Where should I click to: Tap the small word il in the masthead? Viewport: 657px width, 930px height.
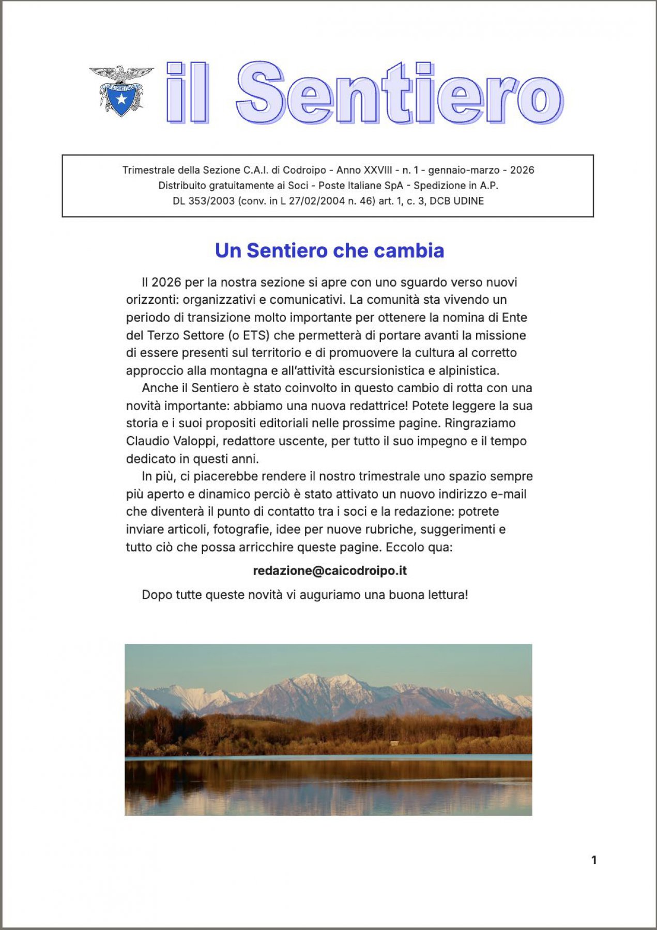[x=188, y=94]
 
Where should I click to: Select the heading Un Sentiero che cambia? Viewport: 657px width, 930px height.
[x=329, y=251]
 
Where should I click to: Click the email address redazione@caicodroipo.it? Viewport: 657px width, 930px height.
[x=329, y=571]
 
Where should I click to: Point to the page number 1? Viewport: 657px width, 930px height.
[x=594, y=860]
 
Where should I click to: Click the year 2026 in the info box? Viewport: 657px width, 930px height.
[x=522, y=170]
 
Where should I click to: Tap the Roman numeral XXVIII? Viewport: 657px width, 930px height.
[x=378, y=170]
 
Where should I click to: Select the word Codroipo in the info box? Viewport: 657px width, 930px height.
[x=305, y=170]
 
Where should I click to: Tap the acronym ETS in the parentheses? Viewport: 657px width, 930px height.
[x=256, y=335]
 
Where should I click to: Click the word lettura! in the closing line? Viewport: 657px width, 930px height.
[x=448, y=595]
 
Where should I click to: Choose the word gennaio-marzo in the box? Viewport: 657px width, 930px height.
[x=464, y=170]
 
